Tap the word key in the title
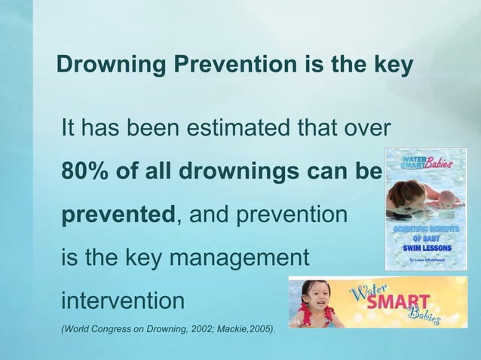[x=391, y=66]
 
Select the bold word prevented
[x=118, y=215]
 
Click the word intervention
[x=122, y=301]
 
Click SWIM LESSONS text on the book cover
[x=426, y=248]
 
